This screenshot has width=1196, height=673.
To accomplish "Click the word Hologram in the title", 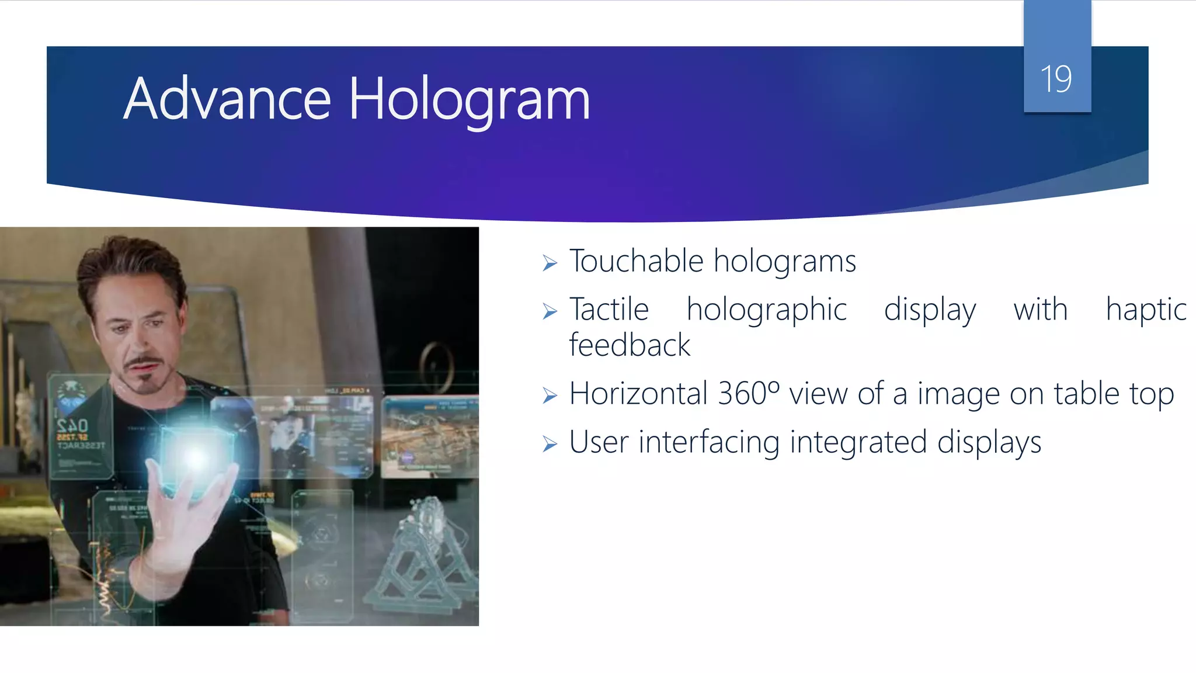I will coord(470,100).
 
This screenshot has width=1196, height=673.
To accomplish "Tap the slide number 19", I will coord(1056,79).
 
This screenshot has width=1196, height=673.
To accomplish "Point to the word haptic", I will coord(1146,310).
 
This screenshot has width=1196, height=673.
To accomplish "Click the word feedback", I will coord(630,345).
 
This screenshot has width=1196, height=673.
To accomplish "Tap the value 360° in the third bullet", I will coord(749,393).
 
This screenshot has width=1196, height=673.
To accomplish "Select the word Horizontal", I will coord(638,393).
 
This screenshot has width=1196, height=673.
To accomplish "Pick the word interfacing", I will coord(709,442).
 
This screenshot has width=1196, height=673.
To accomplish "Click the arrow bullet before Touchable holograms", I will coord(550,263).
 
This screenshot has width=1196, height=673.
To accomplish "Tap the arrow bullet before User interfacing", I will coord(550,445).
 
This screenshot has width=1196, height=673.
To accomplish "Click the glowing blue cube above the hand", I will coord(196,456).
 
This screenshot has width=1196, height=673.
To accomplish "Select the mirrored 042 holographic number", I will coord(72,425).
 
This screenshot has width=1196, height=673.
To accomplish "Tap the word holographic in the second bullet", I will coord(766,310).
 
